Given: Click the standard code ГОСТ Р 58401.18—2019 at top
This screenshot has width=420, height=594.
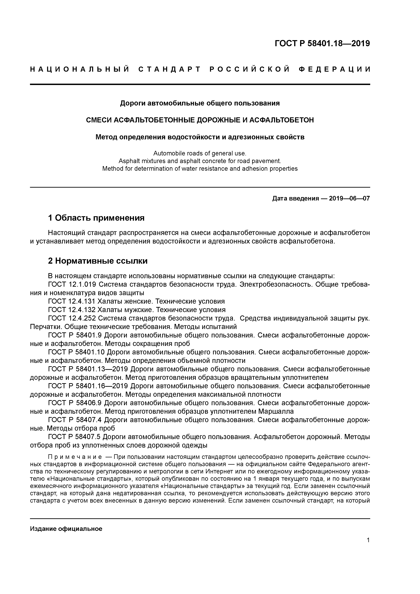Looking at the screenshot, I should pyautogui.click(x=322, y=44).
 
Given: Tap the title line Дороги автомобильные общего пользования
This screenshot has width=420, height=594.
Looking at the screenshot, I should pyautogui.click(x=200, y=103).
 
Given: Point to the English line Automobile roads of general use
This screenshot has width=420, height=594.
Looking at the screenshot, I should pyautogui.click(x=200, y=153).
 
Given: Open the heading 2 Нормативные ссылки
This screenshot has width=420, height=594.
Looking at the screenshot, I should pyautogui.click(x=98, y=261).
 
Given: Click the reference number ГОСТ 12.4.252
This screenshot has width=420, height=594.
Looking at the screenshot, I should pyautogui.click(x=72, y=318).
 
